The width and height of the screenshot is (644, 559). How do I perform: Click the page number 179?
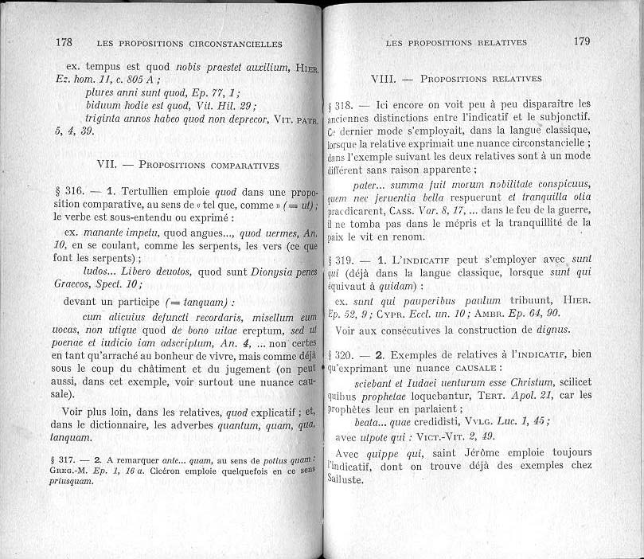coord(581,41)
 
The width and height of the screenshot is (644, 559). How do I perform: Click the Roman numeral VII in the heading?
coord(107,166)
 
